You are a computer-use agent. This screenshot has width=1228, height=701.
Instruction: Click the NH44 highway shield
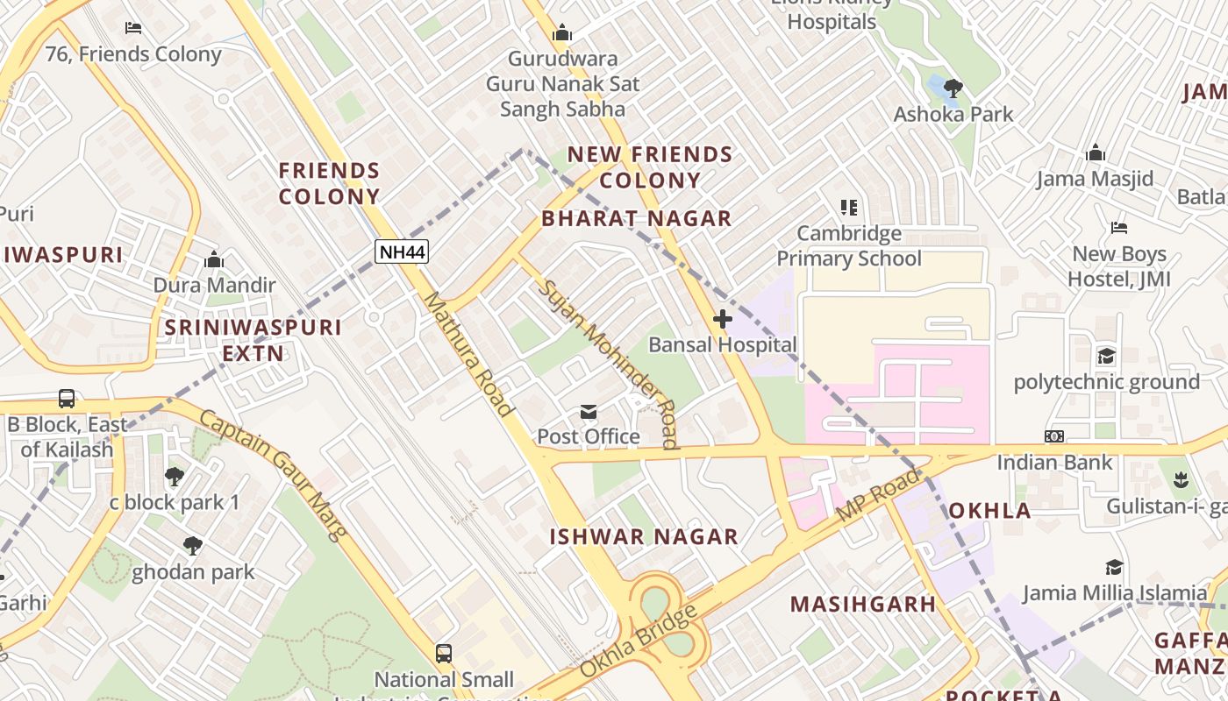tap(402, 252)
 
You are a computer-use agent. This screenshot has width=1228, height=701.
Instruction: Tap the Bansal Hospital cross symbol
tap(723, 319)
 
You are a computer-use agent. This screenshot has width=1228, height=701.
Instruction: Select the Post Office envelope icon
tap(588, 412)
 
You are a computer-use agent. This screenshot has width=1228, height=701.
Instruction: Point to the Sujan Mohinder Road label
tap(609, 364)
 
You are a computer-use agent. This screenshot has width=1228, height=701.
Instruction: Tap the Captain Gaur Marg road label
tap(274, 473)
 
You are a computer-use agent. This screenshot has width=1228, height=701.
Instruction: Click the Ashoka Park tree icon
tap(953, 88)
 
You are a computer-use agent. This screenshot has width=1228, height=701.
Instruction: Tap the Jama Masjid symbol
tap(1095, 153)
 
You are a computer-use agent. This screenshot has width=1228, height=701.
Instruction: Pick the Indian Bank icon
tap(1054, 436)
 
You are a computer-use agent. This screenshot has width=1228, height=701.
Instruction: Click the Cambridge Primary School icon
tap(848, 208)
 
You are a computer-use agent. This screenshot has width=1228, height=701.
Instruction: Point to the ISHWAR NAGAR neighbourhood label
tap(644, 536)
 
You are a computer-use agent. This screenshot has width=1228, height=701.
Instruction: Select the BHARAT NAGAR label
tap(636, 218)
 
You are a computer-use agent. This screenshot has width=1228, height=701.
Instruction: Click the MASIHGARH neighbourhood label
tap(863, 604)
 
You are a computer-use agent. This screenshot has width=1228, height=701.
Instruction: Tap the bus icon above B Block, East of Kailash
tap(67, 399)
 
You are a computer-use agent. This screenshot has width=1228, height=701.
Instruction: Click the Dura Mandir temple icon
tap(214, 259)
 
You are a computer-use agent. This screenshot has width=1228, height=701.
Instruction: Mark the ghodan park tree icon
tap(193, 547)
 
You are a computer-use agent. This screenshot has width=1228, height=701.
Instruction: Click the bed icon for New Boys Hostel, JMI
tap(1119, 228)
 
